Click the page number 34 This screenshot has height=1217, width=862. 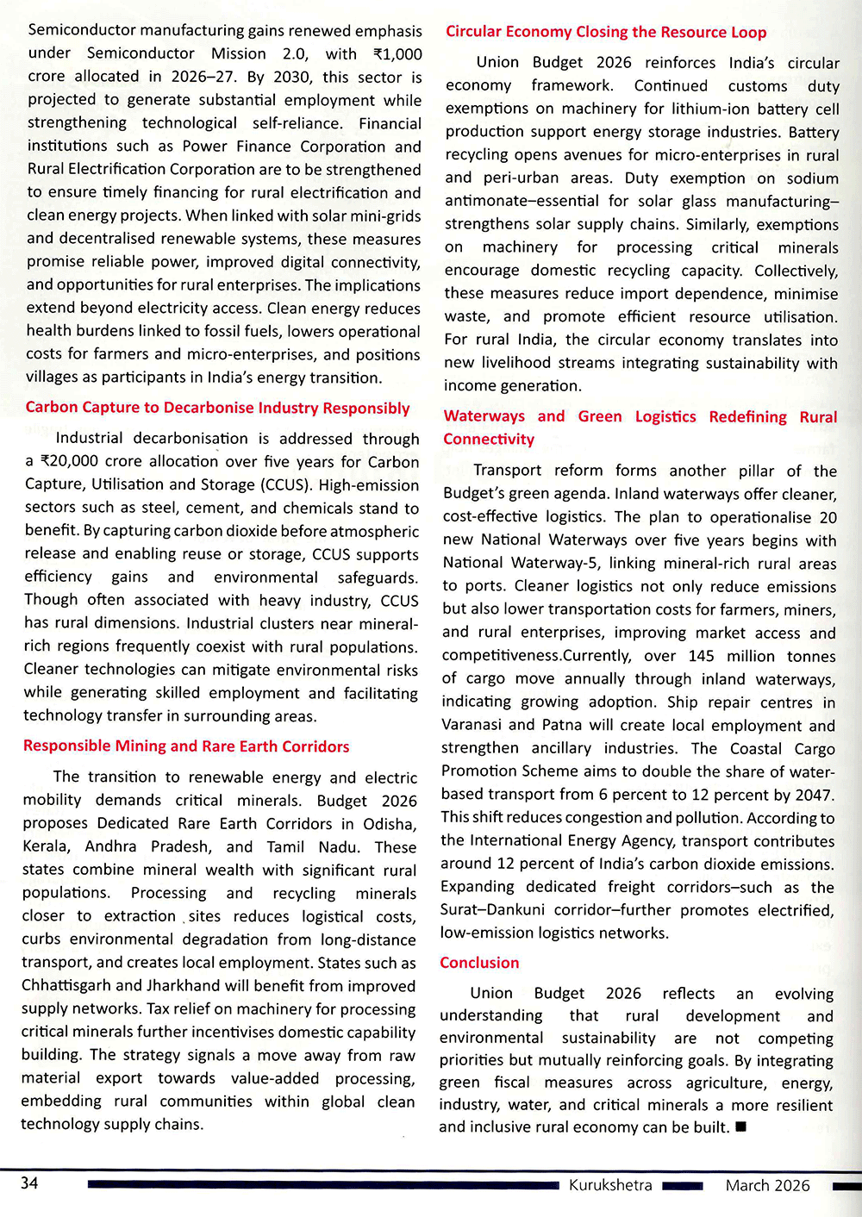[30, 1183]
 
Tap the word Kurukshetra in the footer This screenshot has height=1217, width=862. [610, 1185]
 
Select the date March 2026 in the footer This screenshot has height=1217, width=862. [767, 1185]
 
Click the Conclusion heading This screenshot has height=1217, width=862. [479, 963]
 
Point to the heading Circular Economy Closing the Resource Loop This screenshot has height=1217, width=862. [606, 32]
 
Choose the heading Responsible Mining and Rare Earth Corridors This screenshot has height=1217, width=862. [186, 746]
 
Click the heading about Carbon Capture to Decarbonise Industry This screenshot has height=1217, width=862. [217, 408]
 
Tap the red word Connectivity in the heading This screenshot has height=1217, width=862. [489, 440]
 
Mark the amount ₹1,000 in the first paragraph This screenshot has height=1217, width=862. [397, 54]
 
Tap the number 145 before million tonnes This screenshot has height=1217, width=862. [702, 656]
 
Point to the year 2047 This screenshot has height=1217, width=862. [810, 795]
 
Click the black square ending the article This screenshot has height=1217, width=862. [740, 1127]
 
